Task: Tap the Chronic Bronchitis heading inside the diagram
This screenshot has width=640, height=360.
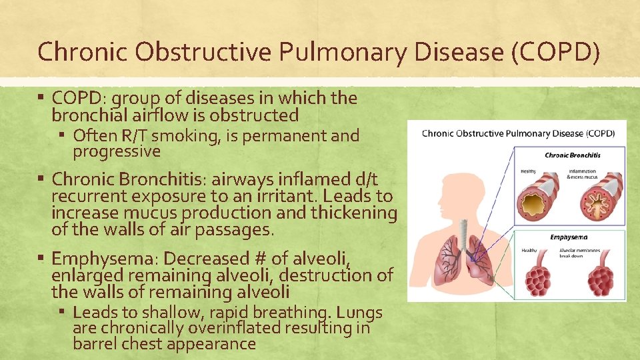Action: point(573,155)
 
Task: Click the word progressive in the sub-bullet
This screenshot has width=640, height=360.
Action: point(117,152)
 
